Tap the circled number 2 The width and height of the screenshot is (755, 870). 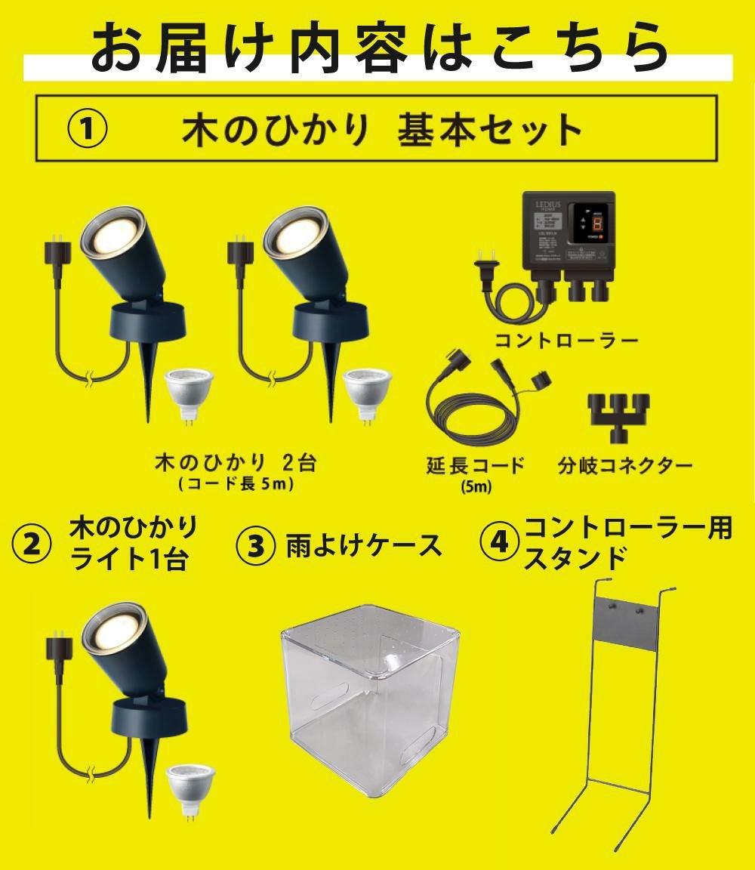coord(32,543)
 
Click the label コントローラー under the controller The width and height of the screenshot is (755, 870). coord(566,341)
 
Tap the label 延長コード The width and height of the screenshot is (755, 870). coord(476,464)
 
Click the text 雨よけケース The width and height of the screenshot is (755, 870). coord(364,545)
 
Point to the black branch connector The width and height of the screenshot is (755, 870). coord(619,412)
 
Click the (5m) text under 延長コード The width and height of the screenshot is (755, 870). coord(476,487)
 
